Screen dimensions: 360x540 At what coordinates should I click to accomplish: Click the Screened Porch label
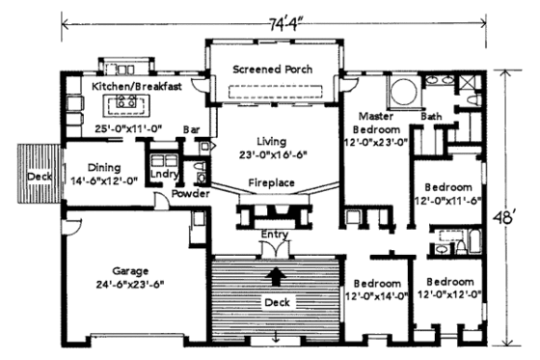274,70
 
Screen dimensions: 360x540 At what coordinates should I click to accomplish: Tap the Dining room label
102,165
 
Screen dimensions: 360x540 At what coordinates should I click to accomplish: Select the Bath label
432,117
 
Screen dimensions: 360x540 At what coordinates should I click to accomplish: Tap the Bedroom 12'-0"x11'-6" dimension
447,200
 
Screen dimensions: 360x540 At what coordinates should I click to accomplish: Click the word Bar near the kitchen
191,126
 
